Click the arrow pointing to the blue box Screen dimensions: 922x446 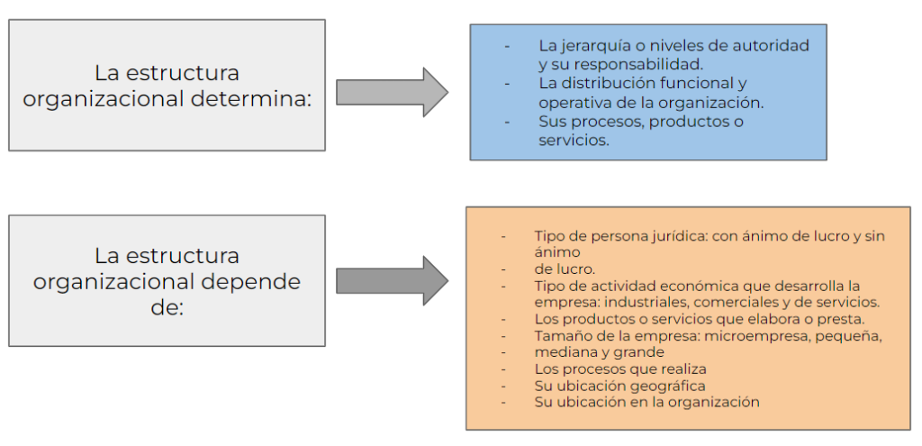point(393,93)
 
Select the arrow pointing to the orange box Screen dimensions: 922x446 point(393,280)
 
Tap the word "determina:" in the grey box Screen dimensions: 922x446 point(251,98)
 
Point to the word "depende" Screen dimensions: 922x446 point(251,281)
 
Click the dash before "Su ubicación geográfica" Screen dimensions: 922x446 point(503,387)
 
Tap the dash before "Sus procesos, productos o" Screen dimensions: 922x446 point(507,122)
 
